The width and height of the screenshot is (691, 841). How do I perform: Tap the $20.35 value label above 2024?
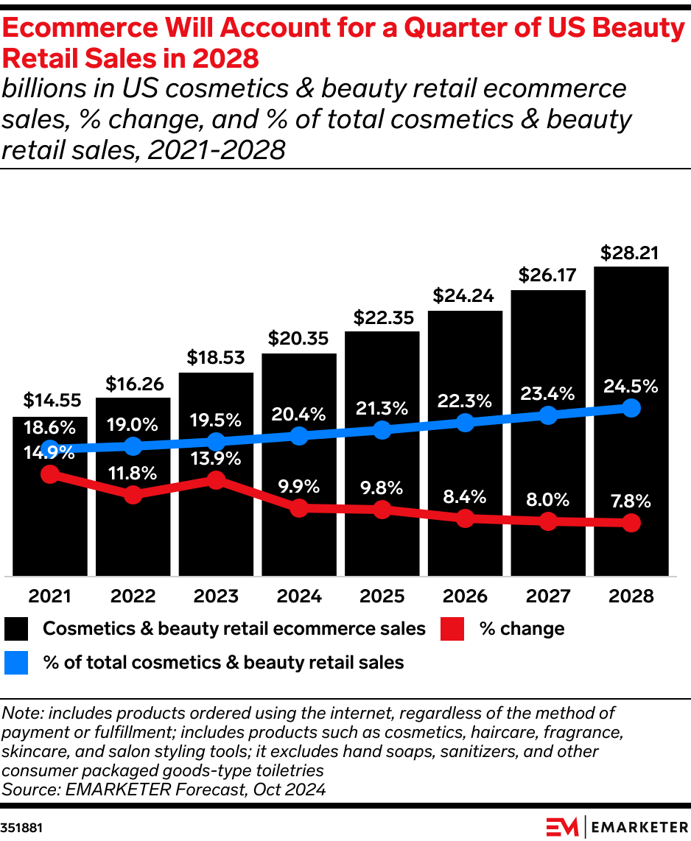(x=298, y=339)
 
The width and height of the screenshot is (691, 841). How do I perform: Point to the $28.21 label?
(x=631, y=253)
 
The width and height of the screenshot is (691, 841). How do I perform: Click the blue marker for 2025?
(x=382, y=430)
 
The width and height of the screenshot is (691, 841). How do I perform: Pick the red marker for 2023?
(x=216, y=480)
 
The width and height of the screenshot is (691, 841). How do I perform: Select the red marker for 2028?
(x=631, y=524)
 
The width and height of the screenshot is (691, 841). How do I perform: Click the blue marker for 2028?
(x=631, y=408)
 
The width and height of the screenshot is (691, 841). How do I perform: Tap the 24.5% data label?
(x=631, y=387)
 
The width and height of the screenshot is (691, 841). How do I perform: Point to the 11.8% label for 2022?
(x=133, y=473)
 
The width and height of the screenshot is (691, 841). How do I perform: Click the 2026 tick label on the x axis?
(x=465, y=596)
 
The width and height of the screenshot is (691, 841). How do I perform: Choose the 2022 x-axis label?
(x=133, y=596)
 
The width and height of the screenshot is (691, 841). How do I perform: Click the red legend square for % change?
(x=452, y=629)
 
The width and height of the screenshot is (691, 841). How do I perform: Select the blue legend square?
(x=16, y=663)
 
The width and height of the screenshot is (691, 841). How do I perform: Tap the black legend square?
(x=16, y=629)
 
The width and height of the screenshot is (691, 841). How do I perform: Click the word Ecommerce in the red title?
(x=88, y=29)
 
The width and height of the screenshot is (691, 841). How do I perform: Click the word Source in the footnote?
(x=27, y=789)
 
